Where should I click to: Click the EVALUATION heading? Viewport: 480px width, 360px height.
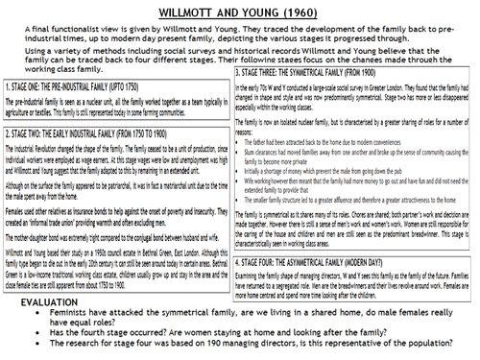click(x=57, y=299)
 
